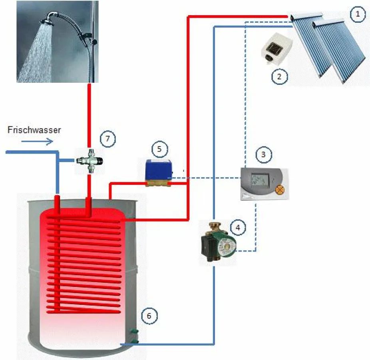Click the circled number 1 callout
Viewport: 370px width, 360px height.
point(358,15)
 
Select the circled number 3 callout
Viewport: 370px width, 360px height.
point(263,154)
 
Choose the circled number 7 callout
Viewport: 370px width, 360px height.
point(107,139)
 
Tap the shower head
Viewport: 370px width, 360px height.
point(52,18)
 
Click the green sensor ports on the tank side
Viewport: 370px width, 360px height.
point(135,336)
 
